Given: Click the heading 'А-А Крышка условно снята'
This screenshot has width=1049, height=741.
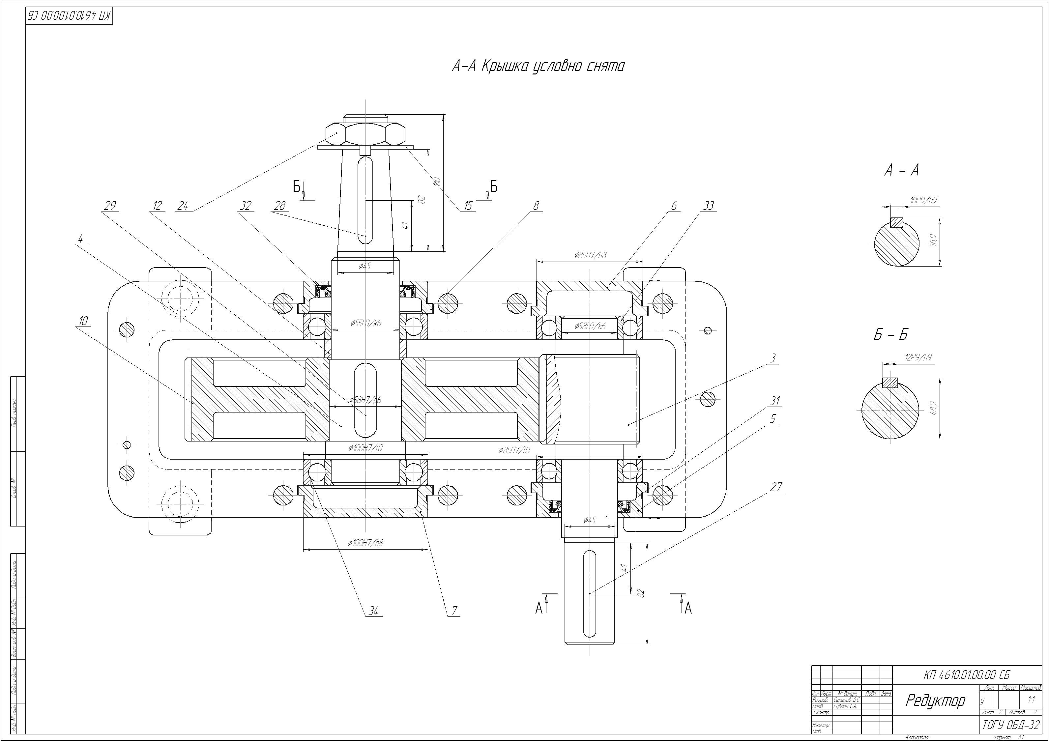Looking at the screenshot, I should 538,67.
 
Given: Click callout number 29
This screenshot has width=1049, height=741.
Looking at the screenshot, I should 110,206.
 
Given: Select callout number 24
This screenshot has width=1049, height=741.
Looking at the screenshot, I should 182,206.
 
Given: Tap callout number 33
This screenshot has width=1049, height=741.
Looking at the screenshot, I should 708,206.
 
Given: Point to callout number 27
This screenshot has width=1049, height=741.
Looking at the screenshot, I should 776,487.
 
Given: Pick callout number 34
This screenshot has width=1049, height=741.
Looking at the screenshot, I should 374,611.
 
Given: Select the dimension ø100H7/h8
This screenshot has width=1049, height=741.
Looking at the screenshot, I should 365,543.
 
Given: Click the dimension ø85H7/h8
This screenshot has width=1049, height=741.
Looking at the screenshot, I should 590,255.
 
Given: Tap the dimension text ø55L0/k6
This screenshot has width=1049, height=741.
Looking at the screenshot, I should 365,323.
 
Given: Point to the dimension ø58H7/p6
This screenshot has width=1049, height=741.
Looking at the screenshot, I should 365,400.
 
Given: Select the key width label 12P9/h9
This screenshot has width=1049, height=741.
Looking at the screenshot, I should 918,358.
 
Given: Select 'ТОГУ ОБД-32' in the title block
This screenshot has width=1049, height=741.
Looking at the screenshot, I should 1011,725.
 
